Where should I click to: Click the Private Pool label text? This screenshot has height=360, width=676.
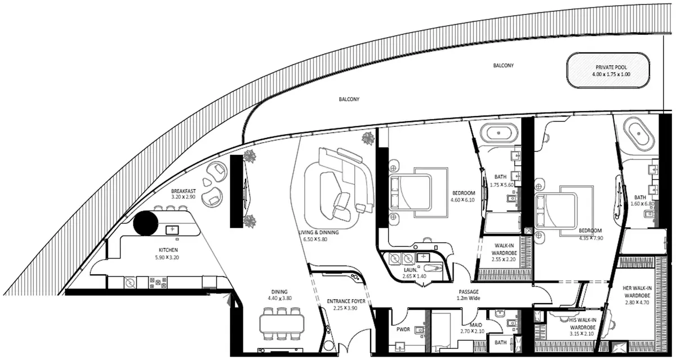(611, 67)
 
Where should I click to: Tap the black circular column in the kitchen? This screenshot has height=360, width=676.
(146, 223)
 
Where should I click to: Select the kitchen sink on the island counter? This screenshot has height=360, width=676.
(172, 230)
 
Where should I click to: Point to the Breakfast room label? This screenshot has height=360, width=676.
(183, 191)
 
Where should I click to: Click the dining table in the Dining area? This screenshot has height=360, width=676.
(282, 324)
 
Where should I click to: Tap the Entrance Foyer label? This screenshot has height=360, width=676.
(346, 301)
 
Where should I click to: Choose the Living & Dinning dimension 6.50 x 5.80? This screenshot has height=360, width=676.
(315, 239)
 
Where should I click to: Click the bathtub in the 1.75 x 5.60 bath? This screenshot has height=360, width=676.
(499, 133)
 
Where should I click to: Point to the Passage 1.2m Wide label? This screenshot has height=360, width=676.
(469, 295)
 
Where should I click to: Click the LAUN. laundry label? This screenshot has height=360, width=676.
(411, 270)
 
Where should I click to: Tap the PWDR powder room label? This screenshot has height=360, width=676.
(403, 329)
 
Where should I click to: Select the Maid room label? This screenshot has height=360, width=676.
(476, 325)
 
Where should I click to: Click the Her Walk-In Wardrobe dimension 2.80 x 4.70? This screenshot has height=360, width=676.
(637, 303)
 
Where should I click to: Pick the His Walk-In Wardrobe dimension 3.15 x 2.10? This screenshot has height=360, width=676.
(581, 334)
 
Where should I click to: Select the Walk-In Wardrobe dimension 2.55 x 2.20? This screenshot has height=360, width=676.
(504, 259)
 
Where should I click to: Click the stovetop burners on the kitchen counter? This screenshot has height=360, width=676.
(158, 283)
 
